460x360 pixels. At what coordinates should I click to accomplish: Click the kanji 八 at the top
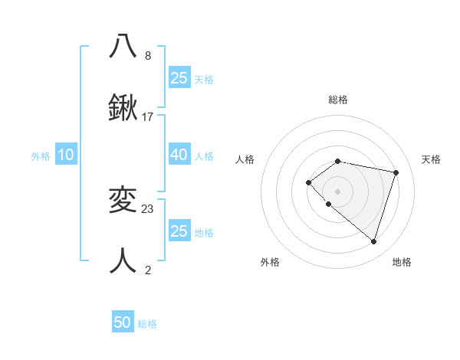[123, 46]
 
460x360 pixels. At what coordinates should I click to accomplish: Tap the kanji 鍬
[123, 107]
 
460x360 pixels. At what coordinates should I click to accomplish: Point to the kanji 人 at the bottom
[123, 260]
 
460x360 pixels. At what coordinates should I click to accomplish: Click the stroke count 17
[148, 117]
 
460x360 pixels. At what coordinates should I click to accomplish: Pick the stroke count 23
[148, 208]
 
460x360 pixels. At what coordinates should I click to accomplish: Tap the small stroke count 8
[148, 56]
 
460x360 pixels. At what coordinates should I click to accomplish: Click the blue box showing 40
[179, 155]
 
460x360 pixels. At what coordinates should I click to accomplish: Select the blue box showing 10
[66, 155]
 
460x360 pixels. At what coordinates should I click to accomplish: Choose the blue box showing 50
[123, 322]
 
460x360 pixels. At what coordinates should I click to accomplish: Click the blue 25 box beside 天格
[179, 78]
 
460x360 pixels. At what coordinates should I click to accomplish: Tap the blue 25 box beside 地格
[179, 231]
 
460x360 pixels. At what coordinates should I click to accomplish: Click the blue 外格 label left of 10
[41, 156]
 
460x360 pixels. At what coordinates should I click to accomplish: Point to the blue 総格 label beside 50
[147, 324]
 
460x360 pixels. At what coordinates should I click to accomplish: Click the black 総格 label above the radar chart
[337, 100]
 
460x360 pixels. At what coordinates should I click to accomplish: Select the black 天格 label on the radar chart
[431, 159]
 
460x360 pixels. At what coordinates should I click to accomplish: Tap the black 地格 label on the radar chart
[402, 262]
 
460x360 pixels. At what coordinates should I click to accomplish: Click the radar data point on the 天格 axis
[396, 172]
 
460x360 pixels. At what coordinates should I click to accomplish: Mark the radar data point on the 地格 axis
[373, 241]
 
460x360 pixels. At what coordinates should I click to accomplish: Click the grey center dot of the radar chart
[337, 191]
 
